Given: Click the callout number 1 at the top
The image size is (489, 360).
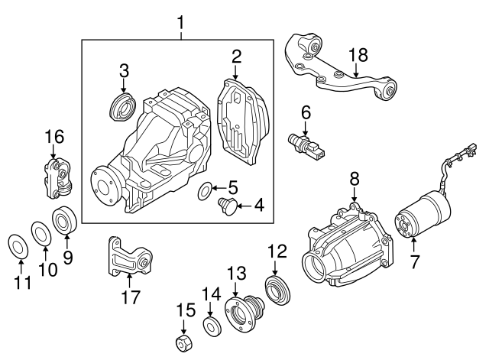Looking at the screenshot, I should (x=180, y=22).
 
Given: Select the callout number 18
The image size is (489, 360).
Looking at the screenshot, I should (x=358, y=54).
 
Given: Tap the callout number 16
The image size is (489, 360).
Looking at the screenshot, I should (x=51, y=137).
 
